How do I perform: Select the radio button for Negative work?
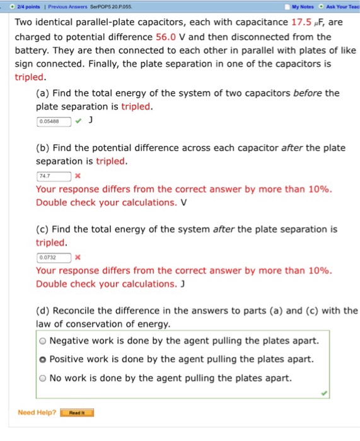click(x=42, y=341)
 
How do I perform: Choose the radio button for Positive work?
click(x=42, y=360)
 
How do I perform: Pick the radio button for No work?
click(x=42, y=379)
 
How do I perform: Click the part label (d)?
click(x=44, y=311)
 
